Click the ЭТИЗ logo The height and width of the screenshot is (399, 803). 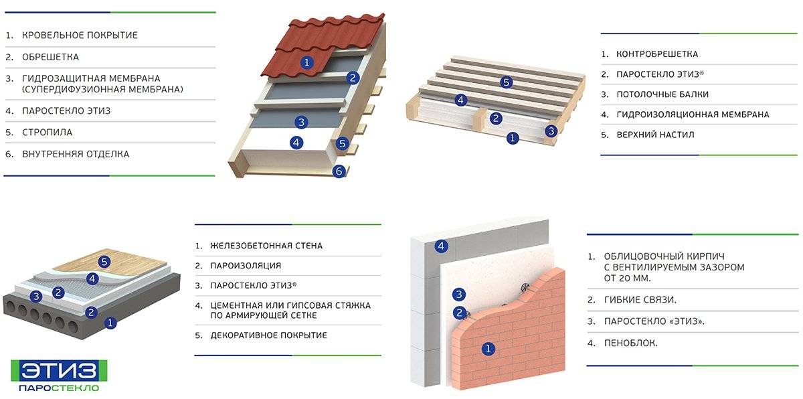[x=59, y=376]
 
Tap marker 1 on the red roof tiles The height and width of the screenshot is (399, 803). [x=306, y=63]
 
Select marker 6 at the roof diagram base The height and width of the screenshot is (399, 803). [x=339, y=171]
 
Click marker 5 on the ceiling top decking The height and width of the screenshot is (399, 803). [x=506, y=82]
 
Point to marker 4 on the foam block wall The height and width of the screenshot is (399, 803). [x=441, y=246]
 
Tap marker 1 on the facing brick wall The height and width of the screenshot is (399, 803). [x=488, y=348]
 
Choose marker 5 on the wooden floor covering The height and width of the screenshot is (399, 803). [x=104, y=262]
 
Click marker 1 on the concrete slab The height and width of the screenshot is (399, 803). [x=110, y=323]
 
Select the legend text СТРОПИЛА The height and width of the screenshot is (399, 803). [x=47, y=133]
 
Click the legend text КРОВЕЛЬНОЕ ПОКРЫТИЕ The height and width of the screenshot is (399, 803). [x=80, y=35]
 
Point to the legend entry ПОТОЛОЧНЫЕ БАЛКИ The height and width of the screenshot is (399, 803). [x=662, y=94]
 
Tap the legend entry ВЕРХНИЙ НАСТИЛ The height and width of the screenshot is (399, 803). [x=655, y=135]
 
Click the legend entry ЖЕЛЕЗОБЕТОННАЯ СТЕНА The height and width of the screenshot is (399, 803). [x=266, y=246]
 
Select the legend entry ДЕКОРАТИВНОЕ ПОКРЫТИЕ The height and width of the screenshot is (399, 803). [x=268, y=335]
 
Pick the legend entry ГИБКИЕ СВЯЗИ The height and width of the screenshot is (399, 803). [x=640, y=300]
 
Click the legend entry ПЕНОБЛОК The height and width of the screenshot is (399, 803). [x=630, y=343]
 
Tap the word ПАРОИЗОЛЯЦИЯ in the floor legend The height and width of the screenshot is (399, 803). [x=246, y=266]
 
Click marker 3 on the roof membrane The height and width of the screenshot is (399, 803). [x=301, y=123]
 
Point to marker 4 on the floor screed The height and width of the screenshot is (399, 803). [x=92, y=278]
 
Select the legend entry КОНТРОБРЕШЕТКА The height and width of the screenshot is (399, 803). [x=657, y=54]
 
